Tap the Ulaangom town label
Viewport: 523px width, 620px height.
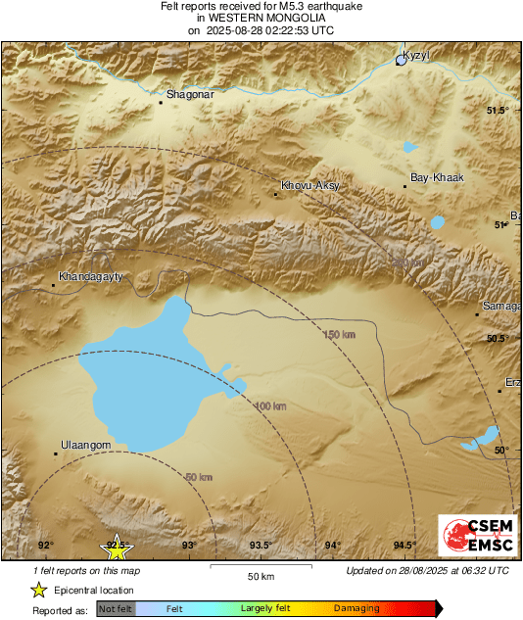(x=85, y=445)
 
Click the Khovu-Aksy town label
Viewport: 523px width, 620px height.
(x=309, y=184)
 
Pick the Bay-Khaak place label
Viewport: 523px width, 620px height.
(x=436, y=177)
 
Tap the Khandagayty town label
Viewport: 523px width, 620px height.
(x=90, y=277)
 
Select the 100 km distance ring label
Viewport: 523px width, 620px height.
(x=270, y=405)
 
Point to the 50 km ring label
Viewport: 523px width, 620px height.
(x=197, y=477)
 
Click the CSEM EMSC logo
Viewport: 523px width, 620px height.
(x=471, y=539)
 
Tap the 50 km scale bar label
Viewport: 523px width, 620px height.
(x=259, y=574)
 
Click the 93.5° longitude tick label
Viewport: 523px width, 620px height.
(x=261, y=546)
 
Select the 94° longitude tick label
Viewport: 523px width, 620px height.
(x=333, y=546)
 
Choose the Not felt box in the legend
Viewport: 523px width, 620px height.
(x=116, y=608)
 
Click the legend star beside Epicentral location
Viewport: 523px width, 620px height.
(x=39, y=590)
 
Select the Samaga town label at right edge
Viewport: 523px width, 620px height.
(x=500, y=307)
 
